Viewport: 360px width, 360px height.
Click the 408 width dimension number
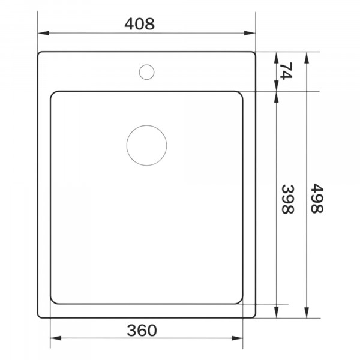tap(140, 24)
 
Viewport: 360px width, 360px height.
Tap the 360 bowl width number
tap(142, 331)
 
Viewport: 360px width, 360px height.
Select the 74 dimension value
tap(286, 71)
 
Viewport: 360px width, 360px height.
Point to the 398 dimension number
tap(287, 199)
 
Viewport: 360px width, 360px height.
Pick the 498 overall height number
tap(317, 199)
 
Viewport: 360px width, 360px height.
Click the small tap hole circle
tap(146, 72)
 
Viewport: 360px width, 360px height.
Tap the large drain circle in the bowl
tap(146, 145)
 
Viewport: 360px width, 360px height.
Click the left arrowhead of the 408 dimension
tap(43, 33)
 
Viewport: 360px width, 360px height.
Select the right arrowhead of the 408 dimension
tap(250, 33)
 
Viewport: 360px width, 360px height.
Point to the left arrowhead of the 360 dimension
tap(56, 338)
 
